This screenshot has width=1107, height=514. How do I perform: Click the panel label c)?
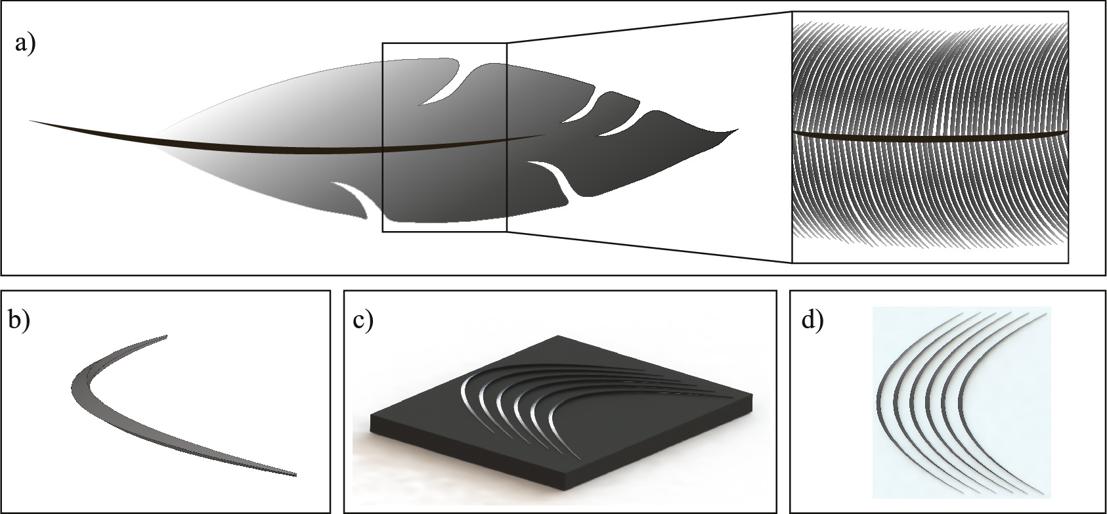362,322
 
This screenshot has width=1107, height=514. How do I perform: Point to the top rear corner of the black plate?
559,337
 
